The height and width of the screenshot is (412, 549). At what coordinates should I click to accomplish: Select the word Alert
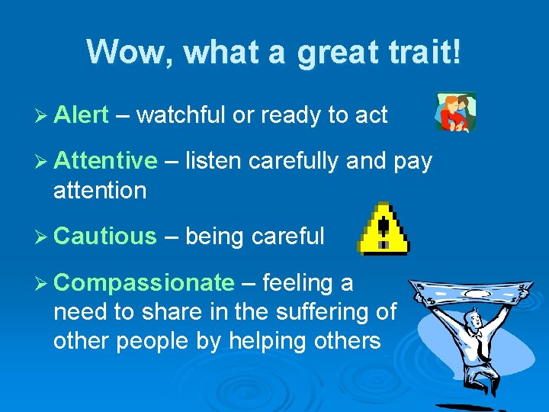pyautogui.click(x=82, y=115)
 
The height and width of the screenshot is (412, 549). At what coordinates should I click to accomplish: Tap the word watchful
pyautogui.click(x=181, y=115)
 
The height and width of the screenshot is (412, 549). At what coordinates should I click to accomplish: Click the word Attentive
pyautogui.click(x=105, y=161)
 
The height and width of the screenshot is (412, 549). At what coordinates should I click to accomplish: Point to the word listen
pyautogui.click(x=213, y=161)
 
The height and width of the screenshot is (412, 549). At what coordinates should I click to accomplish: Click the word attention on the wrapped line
pyautogui.click(x=99, y=190)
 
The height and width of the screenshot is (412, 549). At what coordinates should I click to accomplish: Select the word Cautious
pyautogui.click(x=105, y=237)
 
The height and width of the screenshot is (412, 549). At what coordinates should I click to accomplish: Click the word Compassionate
pyautogui.click(x=144, y=283)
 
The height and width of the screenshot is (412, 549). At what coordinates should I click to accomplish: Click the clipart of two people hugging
pyautogui.click(x=455, y=112)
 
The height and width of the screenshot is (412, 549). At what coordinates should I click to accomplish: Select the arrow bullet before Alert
pyautogui.click(x=43, y=116)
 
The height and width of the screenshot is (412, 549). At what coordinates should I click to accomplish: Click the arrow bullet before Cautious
pyautogui.click(x=43, y=237)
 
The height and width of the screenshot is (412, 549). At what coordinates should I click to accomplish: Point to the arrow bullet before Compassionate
pyautogui.click(x=43, y=284)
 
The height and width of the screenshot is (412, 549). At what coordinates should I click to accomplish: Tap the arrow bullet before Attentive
pyautogui.click(x=43, y=162)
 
